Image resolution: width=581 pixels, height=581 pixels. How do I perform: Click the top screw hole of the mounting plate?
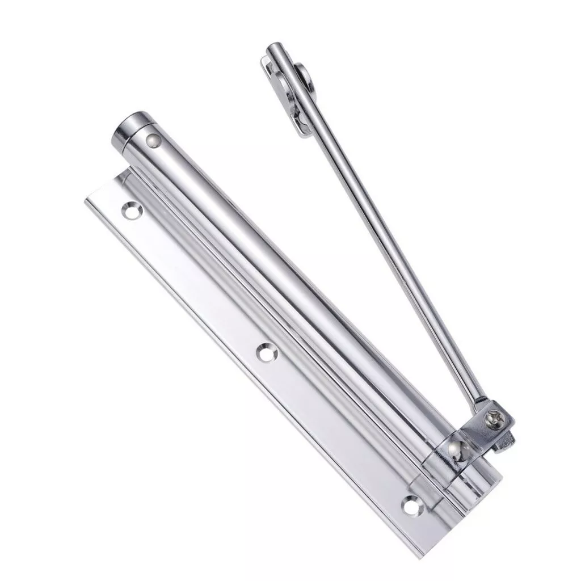[132, 209]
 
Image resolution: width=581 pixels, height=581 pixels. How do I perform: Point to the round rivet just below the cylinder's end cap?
[153, 138]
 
